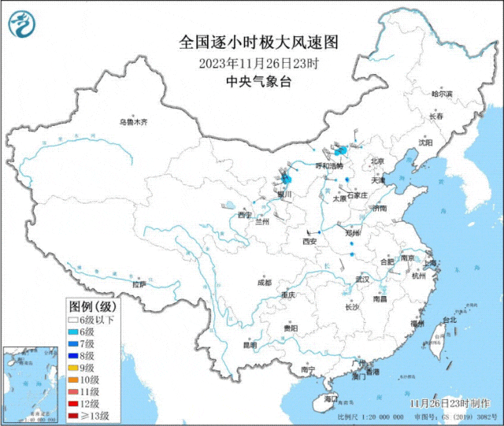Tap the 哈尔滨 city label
coord(443,94)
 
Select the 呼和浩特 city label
coord(330,166)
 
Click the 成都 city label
coord(263,282)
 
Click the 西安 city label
coord(309,242)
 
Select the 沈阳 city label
coord(447,143)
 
